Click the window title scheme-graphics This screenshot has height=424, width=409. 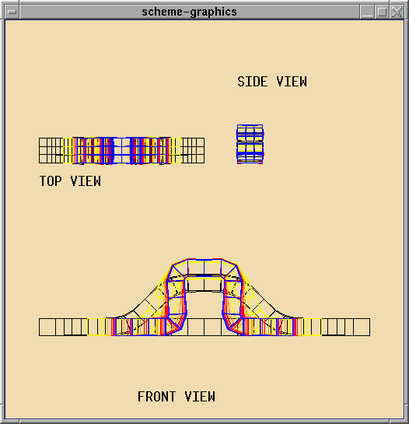pos(189,12)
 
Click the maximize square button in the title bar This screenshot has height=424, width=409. pos(382,12)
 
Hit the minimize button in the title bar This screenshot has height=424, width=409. pos(367,12)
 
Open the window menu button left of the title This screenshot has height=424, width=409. pos(12,12)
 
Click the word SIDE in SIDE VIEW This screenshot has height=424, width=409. pos(253,82)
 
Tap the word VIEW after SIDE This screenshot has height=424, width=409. pos(292,82)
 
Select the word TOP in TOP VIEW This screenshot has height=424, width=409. pos(51,181)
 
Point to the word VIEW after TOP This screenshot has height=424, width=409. pos(86,181)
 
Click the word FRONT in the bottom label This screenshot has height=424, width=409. pos(157,397)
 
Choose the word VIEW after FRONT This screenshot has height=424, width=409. pos(200,397)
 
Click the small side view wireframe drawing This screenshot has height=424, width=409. pos(250,144)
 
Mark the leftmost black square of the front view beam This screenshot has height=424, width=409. pos(47,328)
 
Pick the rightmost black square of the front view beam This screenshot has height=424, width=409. pos(362,328)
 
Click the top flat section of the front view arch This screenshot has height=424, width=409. pos(204,267)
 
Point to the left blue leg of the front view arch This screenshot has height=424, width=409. pos(177,297)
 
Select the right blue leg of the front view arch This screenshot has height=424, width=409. pos(232,297)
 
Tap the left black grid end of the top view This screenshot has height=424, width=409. pos(51,150)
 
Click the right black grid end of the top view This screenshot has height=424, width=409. pos(193,150)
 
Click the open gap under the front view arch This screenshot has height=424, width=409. pos(204,305)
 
